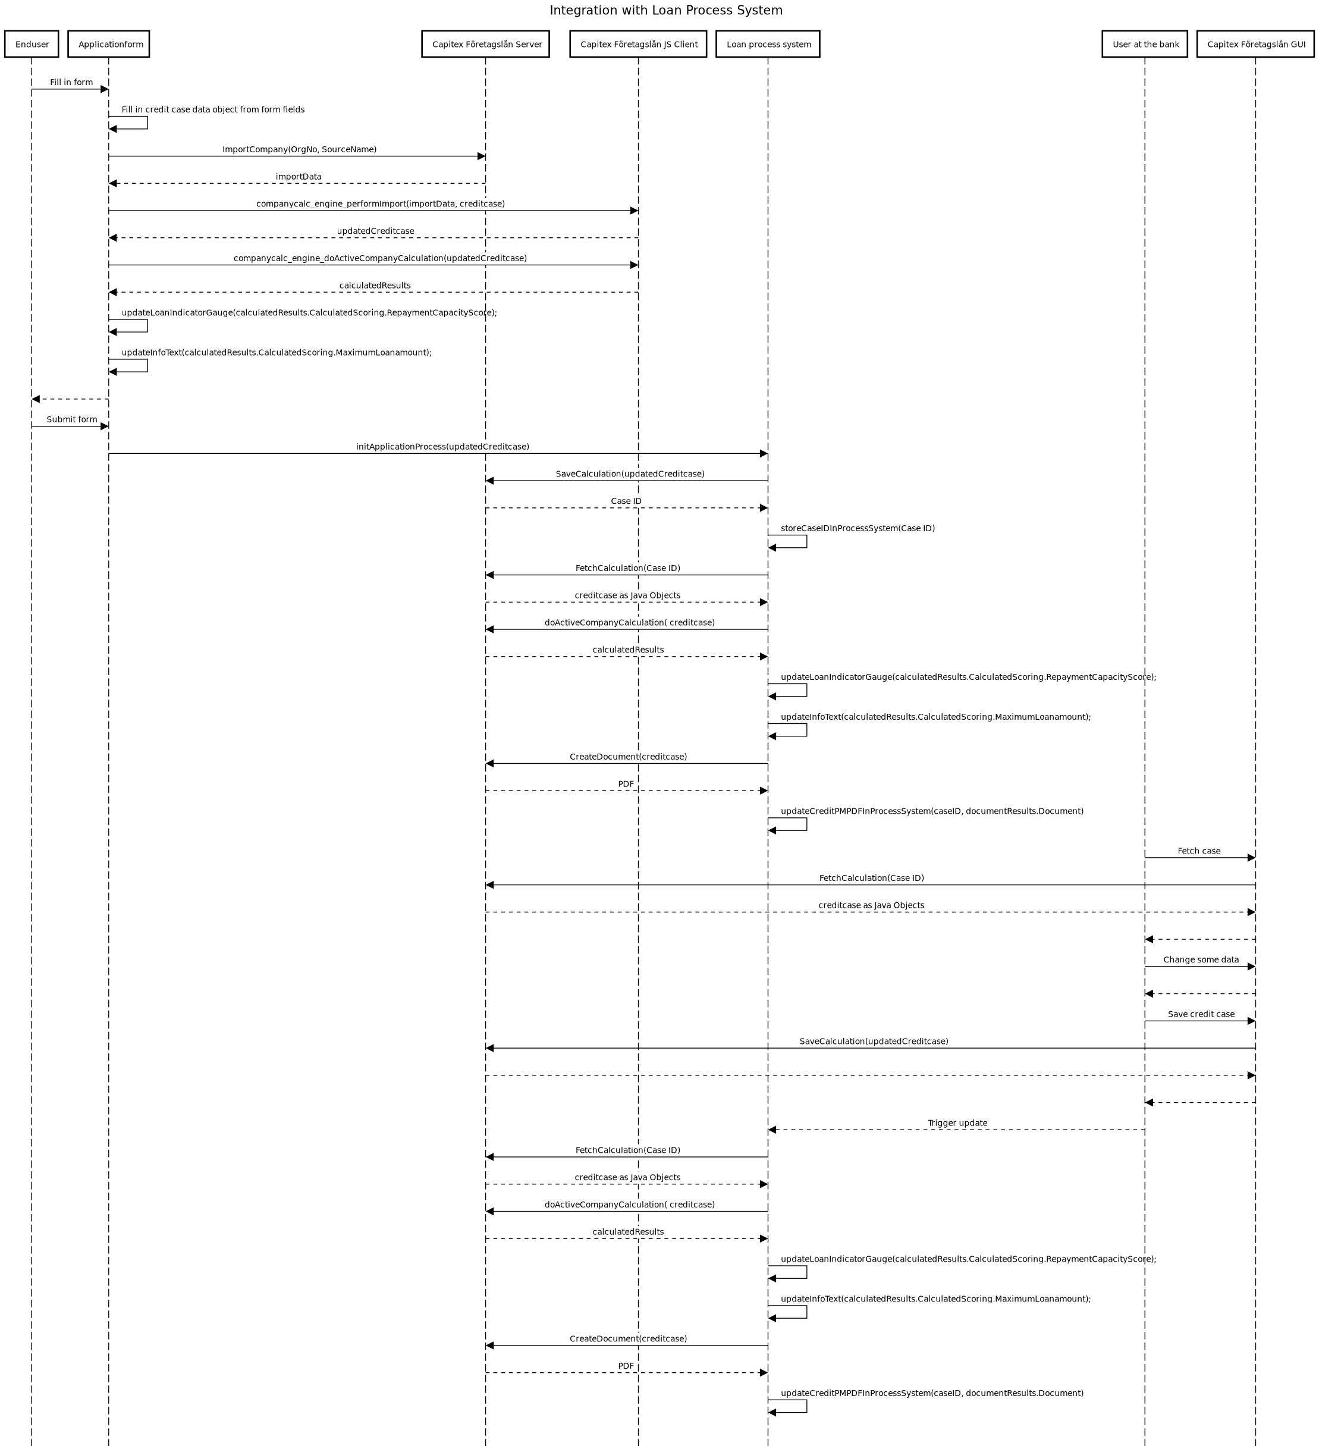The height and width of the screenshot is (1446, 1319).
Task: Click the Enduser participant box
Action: (32, 44)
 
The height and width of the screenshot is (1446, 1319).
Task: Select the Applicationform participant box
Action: (109, 44)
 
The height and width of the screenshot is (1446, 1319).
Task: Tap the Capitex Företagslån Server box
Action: (486, 44)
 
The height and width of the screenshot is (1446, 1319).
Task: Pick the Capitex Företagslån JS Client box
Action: (638, 44)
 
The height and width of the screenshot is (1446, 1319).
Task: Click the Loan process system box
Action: (768, 44)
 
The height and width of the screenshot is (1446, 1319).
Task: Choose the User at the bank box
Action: (1145, 44)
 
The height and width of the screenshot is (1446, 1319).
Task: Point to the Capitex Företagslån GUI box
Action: (1256, 44)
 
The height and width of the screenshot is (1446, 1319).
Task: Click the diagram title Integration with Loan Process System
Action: (666, 10)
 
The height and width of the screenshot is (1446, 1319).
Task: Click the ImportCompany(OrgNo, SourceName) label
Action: (299, 149)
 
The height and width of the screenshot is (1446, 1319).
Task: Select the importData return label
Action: (299, 177)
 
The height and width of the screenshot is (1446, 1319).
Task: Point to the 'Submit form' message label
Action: (72, 419)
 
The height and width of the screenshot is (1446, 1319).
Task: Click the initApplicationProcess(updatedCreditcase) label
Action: (442, 447)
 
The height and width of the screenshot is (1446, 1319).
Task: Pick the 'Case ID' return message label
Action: (626, 501)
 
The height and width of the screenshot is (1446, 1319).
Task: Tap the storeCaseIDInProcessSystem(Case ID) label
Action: (858, 529)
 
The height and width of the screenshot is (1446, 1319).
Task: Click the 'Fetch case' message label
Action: (1199, 851)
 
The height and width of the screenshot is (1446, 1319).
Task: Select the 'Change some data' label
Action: (1201, 959)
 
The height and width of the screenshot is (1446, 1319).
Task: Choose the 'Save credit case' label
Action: (1201, 1014)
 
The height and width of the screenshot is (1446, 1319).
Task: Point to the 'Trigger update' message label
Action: (957, 1123)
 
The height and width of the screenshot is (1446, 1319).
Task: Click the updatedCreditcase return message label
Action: (376, 231)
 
